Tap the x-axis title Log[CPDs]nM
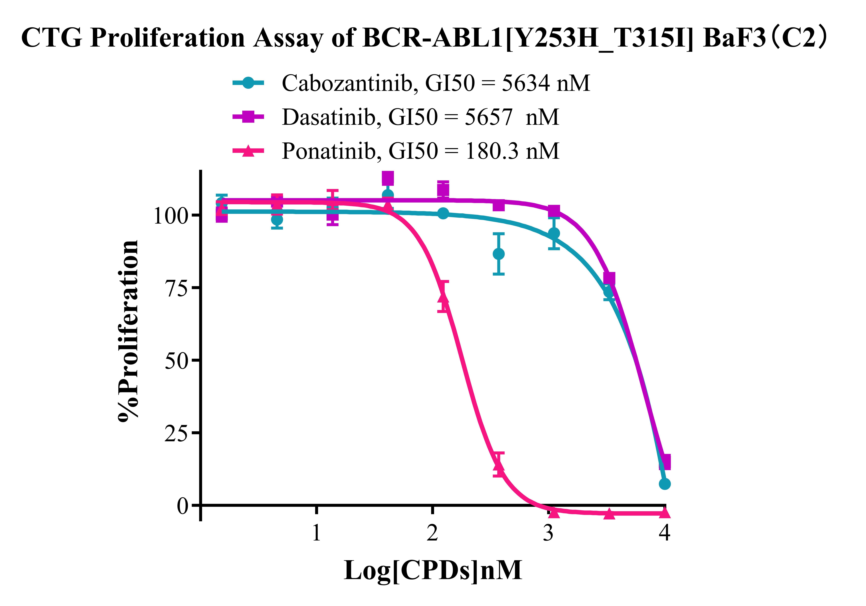click(433, 570)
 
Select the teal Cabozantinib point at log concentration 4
click(665, 484)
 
